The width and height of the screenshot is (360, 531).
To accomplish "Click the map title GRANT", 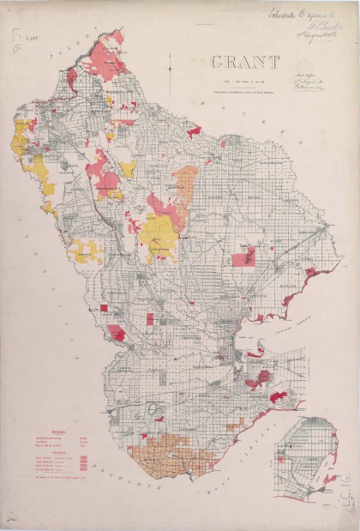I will tap(245, 62).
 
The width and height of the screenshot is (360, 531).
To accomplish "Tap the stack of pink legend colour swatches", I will tap(83, 464).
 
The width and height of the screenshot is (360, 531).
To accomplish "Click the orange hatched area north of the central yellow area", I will tap(184, 184).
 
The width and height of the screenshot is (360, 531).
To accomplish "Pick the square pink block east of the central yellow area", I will tap(243, 256).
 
